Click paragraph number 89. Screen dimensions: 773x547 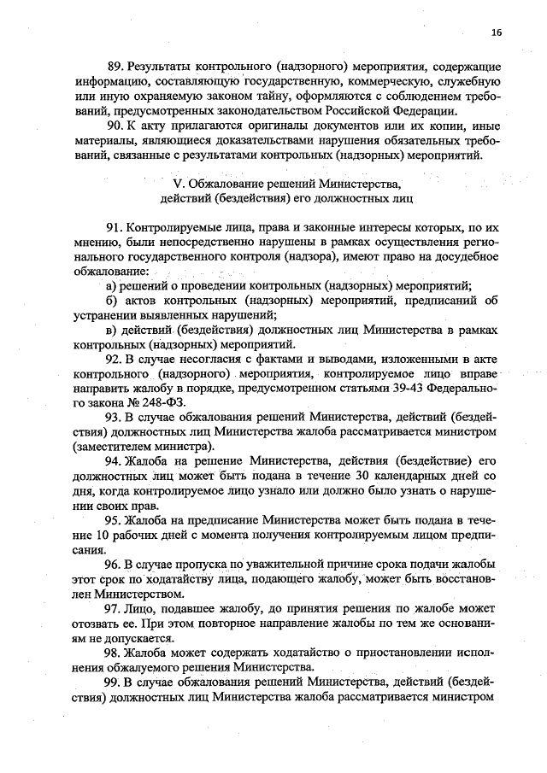click(x=114, y=66)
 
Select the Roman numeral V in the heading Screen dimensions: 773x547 click(x=177, y=184)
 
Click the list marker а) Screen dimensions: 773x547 click(x=110, y=284)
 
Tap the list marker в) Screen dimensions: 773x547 click(x=110, y=330)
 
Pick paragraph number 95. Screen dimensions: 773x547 click(x=114, y=522)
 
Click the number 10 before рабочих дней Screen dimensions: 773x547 click(x=82, y=536)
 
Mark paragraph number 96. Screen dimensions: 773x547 click(x=114, y=565)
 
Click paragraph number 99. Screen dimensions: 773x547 click(x=114, y=682)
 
